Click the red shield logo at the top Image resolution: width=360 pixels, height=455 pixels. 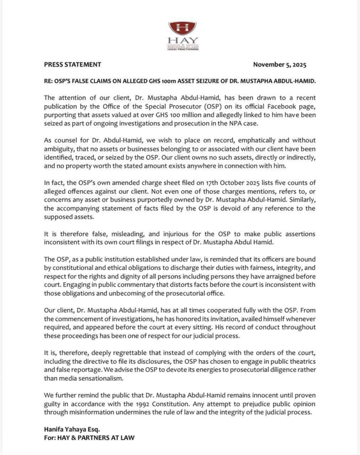[182, 28]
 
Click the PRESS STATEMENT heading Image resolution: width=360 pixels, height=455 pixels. [72, 64]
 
